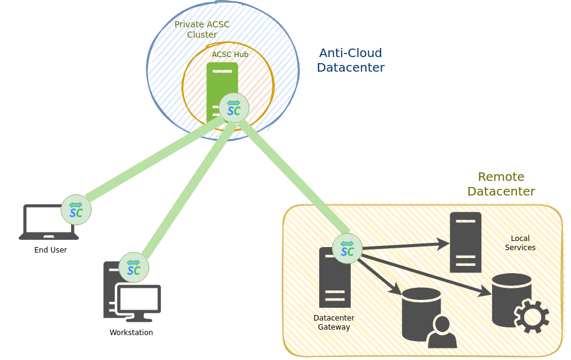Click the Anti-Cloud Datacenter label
click(350, 60)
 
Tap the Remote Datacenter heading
click(501, 184)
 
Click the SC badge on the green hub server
click(234, 107)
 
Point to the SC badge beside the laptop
click(76, 209)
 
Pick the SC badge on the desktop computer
click(133, 267)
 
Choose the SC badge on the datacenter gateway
click(347, 248)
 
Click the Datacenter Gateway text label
click(334, 322)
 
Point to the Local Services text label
click(520, 243)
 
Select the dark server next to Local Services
click(465, 242)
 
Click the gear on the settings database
click(532, 316)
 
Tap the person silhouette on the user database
click(442, 333)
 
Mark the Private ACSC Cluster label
click(201, 29)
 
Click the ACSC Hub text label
click(230, 55)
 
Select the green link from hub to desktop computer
click(185, 188)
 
